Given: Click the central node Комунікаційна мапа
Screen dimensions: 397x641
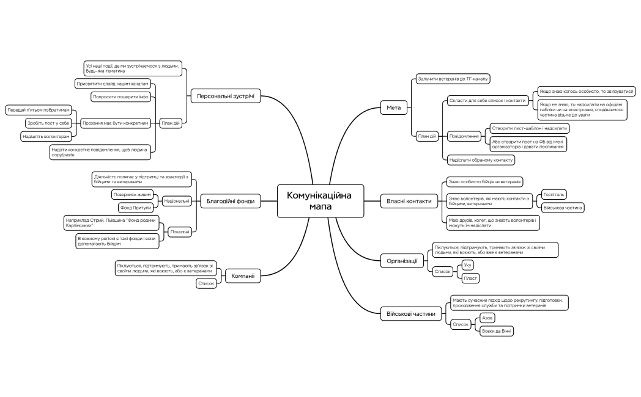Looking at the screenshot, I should pyautogui.click(x=320, y=201).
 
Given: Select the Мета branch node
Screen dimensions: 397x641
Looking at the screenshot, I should pyautogui.click(x=393, y=108).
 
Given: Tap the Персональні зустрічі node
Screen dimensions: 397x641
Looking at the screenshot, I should pyautogui.click(x=226, y=96).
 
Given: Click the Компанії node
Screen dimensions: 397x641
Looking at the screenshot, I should pyautogui.click(x=242, y=276).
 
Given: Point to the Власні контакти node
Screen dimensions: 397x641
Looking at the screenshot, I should pyautogui.click(x=409, y=200).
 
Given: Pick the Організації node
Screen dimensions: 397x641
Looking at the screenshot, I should pyautogui.click(x=402, y=261).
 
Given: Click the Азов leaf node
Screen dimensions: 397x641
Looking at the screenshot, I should pyautogui.click(x=487, y=318).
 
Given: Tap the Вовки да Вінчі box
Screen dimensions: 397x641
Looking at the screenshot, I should pyautogui.click(x=497, y=330).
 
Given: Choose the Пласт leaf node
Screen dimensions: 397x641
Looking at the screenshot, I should pyautogui.click(x=470, y=278).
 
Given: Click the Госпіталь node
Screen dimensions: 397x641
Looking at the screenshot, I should pyautogui.click(x=554, y=195).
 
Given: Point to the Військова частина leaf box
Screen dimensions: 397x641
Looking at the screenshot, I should pyautogui.click(x=563, y=208).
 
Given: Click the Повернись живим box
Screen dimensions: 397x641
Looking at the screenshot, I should pyautogui.click(x=132, y=194).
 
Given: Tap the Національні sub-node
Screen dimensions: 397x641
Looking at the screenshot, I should pyautogui.click(x=177, y=200).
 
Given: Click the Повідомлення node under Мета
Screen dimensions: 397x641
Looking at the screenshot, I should pyautogui.click(x=463, y=136).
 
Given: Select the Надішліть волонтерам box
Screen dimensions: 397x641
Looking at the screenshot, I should pyautogui.click(x=46, y=136).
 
